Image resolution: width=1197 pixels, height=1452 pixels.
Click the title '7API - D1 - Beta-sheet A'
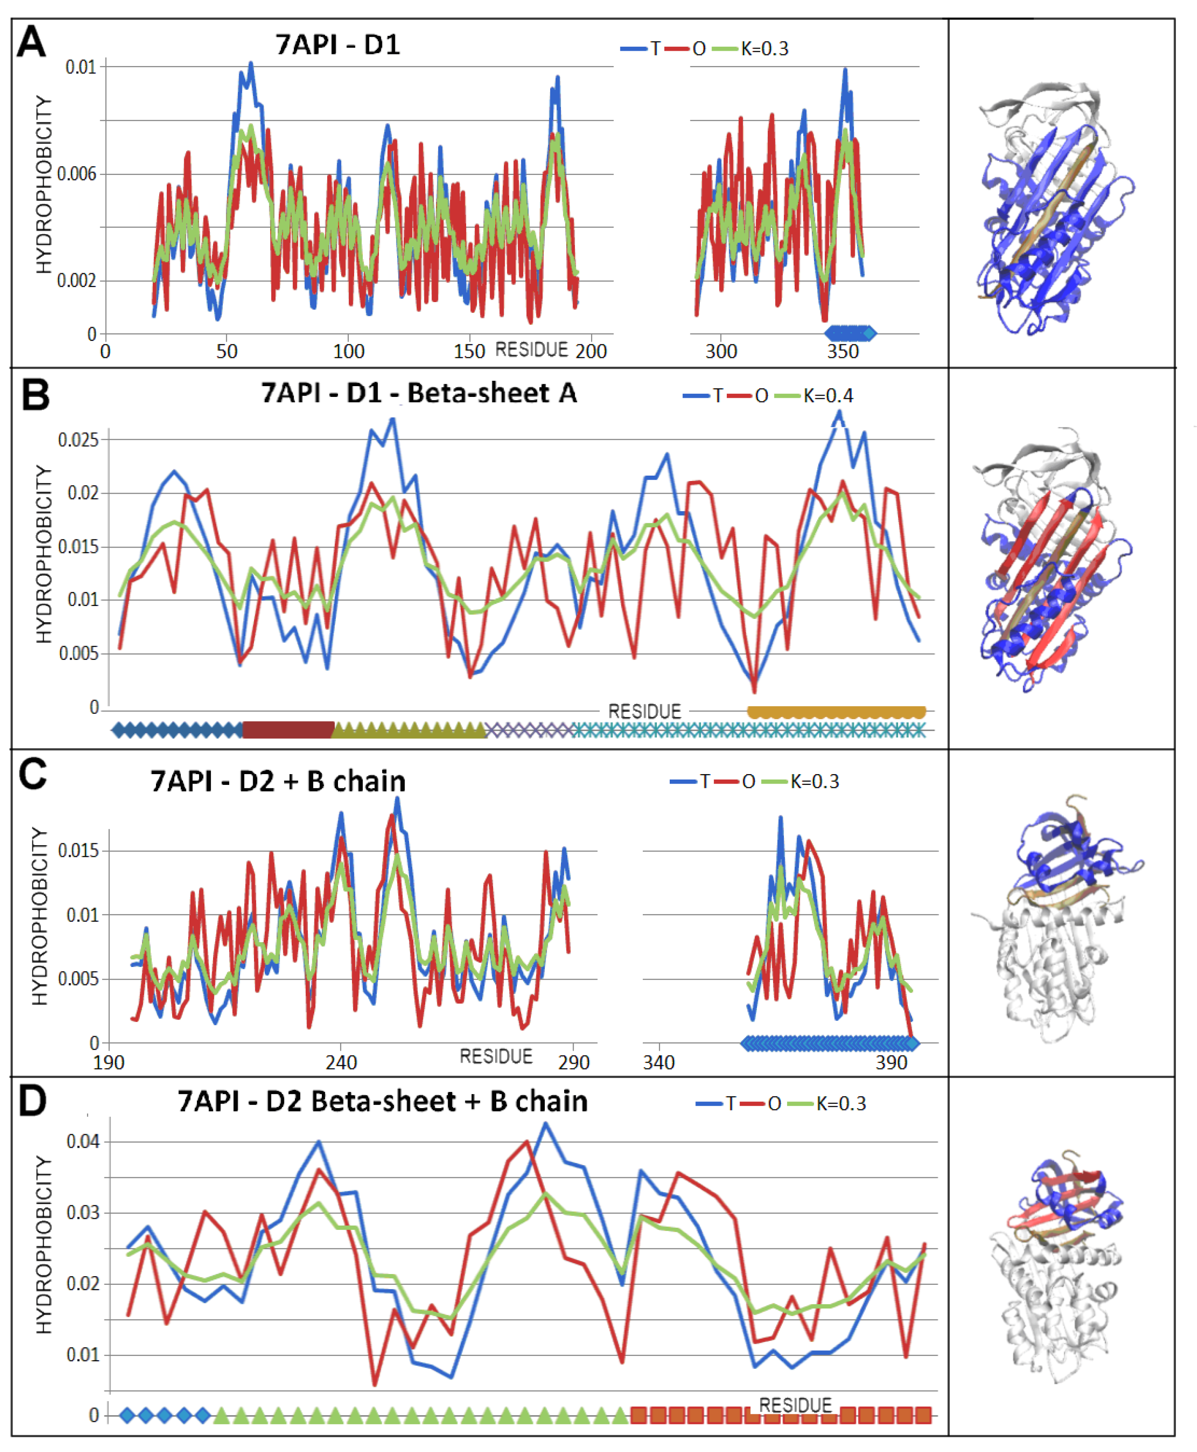pos(418,393)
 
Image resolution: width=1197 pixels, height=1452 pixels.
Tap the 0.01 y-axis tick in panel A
pos(80,67)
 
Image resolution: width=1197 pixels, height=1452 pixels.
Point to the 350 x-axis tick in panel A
pos(843,352)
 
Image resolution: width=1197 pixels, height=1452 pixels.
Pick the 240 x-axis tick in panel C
pos(341,1062)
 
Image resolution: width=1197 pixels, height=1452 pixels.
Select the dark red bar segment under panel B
pos(288,730)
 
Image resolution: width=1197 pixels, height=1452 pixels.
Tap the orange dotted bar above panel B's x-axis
pos(836,712)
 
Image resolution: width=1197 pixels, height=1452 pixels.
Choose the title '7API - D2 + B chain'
pos(278,781)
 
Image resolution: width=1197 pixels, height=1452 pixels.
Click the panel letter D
pos(32,1101)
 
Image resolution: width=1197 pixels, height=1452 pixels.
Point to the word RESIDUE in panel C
pos(496,1056)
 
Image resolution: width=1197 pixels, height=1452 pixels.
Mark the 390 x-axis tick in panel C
pos(891,1062)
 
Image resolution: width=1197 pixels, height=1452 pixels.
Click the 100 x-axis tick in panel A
pos(348,352)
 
